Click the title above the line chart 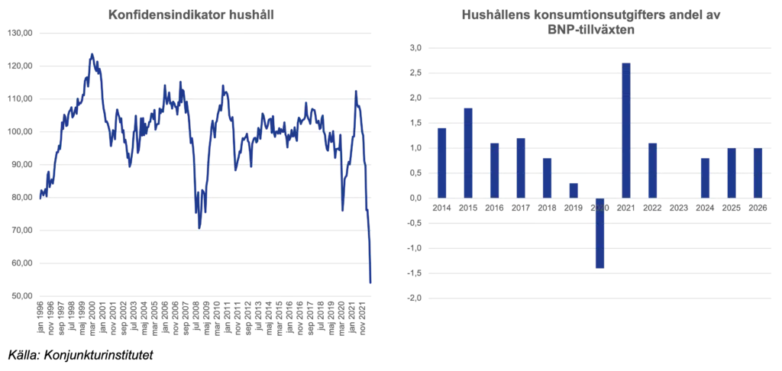pos(189,15)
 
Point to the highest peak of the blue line pos(93,53)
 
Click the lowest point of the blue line pos(370,286)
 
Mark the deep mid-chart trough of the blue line pos(199,226)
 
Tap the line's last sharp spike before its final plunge pos(357,89)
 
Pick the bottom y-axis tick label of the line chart pos(21,293)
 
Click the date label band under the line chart pos(201,318)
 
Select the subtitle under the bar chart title pos(588,31)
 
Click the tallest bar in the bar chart pos(626,130)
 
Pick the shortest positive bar pos(574,188)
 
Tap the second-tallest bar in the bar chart pos(468,151)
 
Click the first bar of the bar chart pos(441,162)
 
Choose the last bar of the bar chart pos(758,173)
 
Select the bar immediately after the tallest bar pos(653,169)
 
